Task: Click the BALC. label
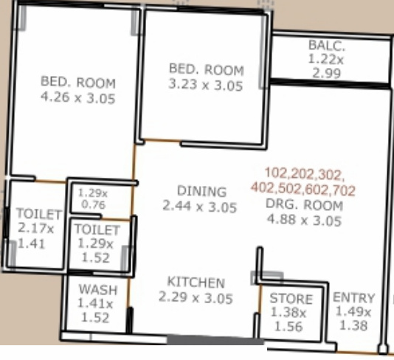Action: point(327,46)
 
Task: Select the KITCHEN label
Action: point(196,283)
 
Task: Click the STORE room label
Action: point(291,299)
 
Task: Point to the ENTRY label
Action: point(354,297)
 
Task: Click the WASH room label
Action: point(97,289)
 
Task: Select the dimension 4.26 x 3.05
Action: point(78,97)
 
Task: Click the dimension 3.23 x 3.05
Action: point(206,85)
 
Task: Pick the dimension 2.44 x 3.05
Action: point(200,207)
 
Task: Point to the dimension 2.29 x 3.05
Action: point(196,298)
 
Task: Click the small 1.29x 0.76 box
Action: point(92,198)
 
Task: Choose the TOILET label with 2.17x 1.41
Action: point(39,214)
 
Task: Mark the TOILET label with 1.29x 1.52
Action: point(97,229)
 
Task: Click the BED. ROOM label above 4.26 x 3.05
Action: point(78,82)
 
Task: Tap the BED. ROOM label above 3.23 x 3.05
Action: point(206,69)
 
